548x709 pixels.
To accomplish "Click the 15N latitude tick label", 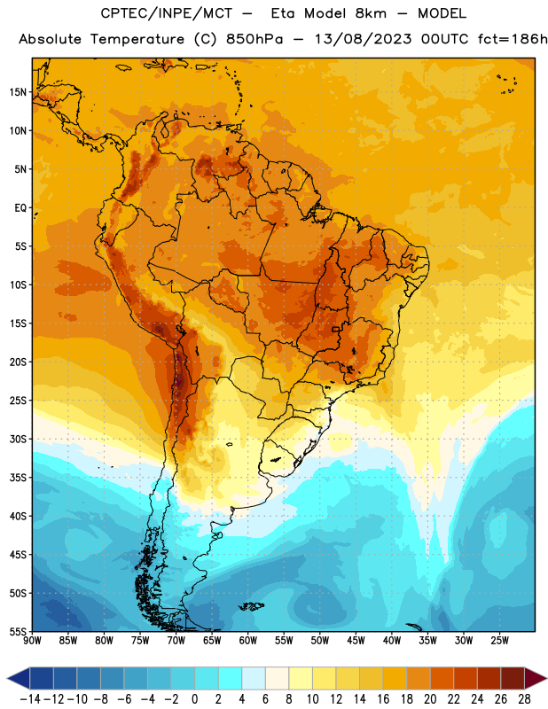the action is coord(18,92).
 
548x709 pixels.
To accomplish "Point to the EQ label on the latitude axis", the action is coord(20,208).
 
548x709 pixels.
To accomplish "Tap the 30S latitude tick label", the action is coord(18,440).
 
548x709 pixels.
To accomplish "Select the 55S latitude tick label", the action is coord(18,632).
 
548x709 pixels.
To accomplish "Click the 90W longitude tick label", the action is coord(32,641).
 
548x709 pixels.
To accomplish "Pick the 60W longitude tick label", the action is coord(248,641).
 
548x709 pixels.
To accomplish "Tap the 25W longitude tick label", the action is coord(499,641).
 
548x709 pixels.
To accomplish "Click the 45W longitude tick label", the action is coord(356,641).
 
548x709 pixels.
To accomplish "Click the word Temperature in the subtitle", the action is coord(137,39).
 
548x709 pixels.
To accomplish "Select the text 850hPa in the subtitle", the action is coord(254,39).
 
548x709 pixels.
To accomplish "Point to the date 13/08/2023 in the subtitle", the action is coord(363,39).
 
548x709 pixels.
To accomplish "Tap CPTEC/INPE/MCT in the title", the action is coord(166,13).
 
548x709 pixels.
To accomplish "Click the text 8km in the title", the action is coord(371,13).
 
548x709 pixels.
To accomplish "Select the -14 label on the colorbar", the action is coord(30,699).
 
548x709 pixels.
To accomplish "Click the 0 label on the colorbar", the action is coord(194,699).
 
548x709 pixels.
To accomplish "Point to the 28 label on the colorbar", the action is coord(524,699).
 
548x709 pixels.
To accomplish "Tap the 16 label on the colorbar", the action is coord(383,699).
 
